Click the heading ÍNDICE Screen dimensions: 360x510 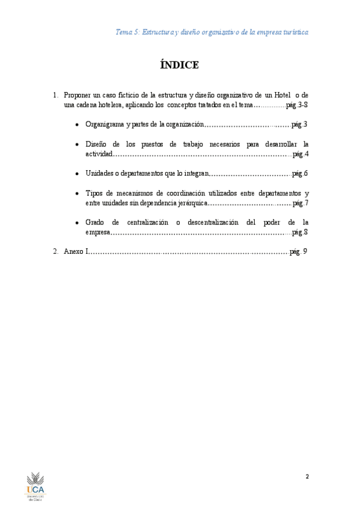coord(180,65)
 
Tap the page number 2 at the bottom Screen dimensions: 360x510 coord(307,477)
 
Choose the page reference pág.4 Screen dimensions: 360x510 coord(300,155)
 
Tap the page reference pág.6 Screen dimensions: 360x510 coord(299,174)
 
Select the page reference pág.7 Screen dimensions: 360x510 coord(300,203)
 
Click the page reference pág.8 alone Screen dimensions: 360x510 coord(299,232)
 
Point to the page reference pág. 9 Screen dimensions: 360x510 coord(298,251)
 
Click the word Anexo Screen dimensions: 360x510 coord(75,251)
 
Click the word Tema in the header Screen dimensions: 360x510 coord(124,31)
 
